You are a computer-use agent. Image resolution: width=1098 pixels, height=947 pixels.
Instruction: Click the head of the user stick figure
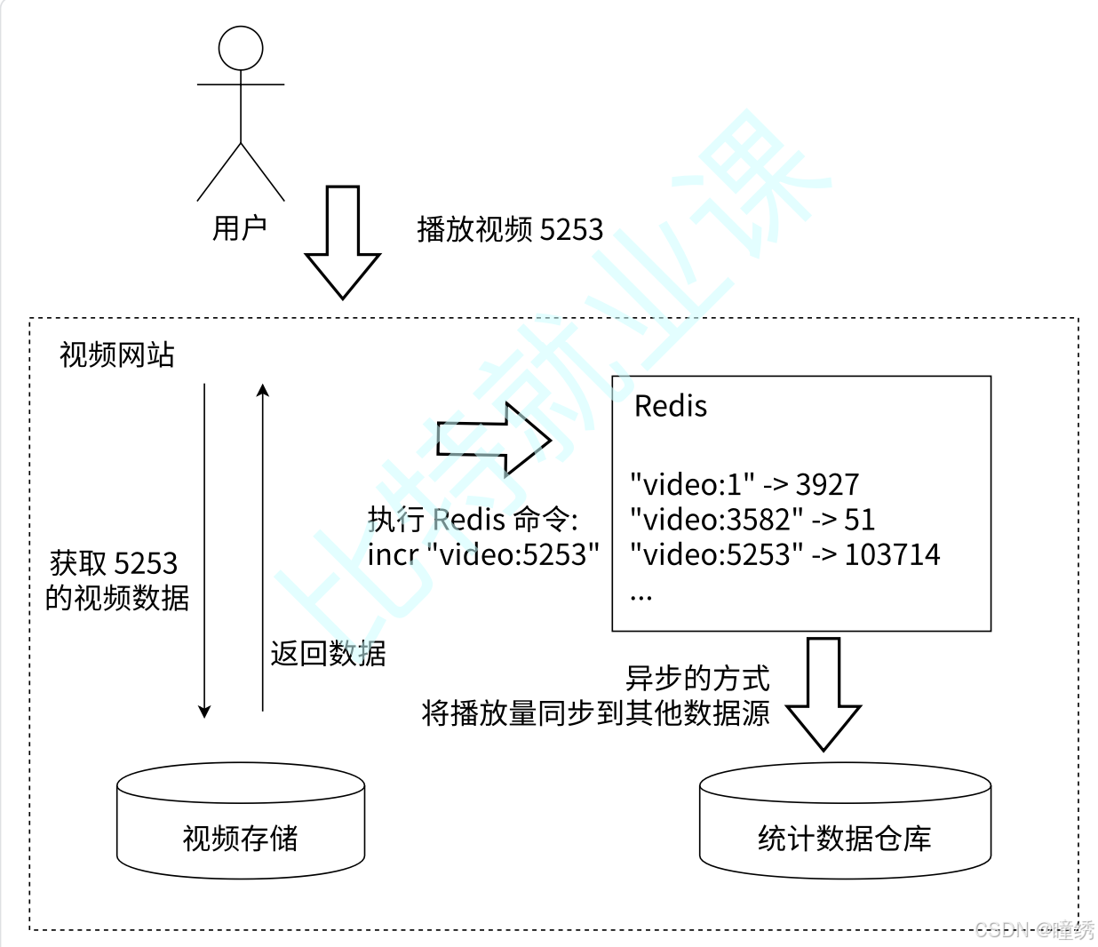point(241,48)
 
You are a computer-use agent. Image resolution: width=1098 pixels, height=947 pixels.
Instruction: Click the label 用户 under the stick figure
point(239,228)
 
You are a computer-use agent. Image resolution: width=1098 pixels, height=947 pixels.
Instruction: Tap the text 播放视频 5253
point(510,229)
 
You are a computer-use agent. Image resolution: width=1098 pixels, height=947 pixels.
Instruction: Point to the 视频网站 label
point(116,355)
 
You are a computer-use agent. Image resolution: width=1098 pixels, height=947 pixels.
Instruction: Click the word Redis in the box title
point(671,407)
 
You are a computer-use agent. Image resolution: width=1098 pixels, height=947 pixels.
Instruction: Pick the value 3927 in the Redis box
point(827,485)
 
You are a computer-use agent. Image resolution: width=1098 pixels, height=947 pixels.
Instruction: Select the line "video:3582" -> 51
point(752,520)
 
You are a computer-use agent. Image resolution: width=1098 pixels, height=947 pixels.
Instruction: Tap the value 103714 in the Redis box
point(892,555)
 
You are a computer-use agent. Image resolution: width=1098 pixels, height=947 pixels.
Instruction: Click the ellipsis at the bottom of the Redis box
point(640,595)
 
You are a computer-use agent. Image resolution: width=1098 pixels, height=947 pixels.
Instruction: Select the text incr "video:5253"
point(483,555)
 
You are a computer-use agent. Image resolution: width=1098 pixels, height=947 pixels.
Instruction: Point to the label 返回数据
point(328,654)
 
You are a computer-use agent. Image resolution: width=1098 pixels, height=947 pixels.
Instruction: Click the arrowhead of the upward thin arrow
point(263,390)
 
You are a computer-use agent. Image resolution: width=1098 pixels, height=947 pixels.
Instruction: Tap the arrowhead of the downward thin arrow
point(204,711)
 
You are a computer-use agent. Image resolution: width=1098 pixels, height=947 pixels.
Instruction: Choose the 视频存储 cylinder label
point(240,839)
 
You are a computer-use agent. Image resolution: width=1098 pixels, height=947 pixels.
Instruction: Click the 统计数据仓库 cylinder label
point(844,839)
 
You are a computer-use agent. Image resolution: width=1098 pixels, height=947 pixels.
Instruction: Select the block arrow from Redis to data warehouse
point(823,693)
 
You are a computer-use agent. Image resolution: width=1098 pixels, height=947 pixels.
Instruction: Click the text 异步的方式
point(697,679)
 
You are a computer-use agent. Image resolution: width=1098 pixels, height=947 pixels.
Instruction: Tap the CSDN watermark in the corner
point(1034,930)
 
